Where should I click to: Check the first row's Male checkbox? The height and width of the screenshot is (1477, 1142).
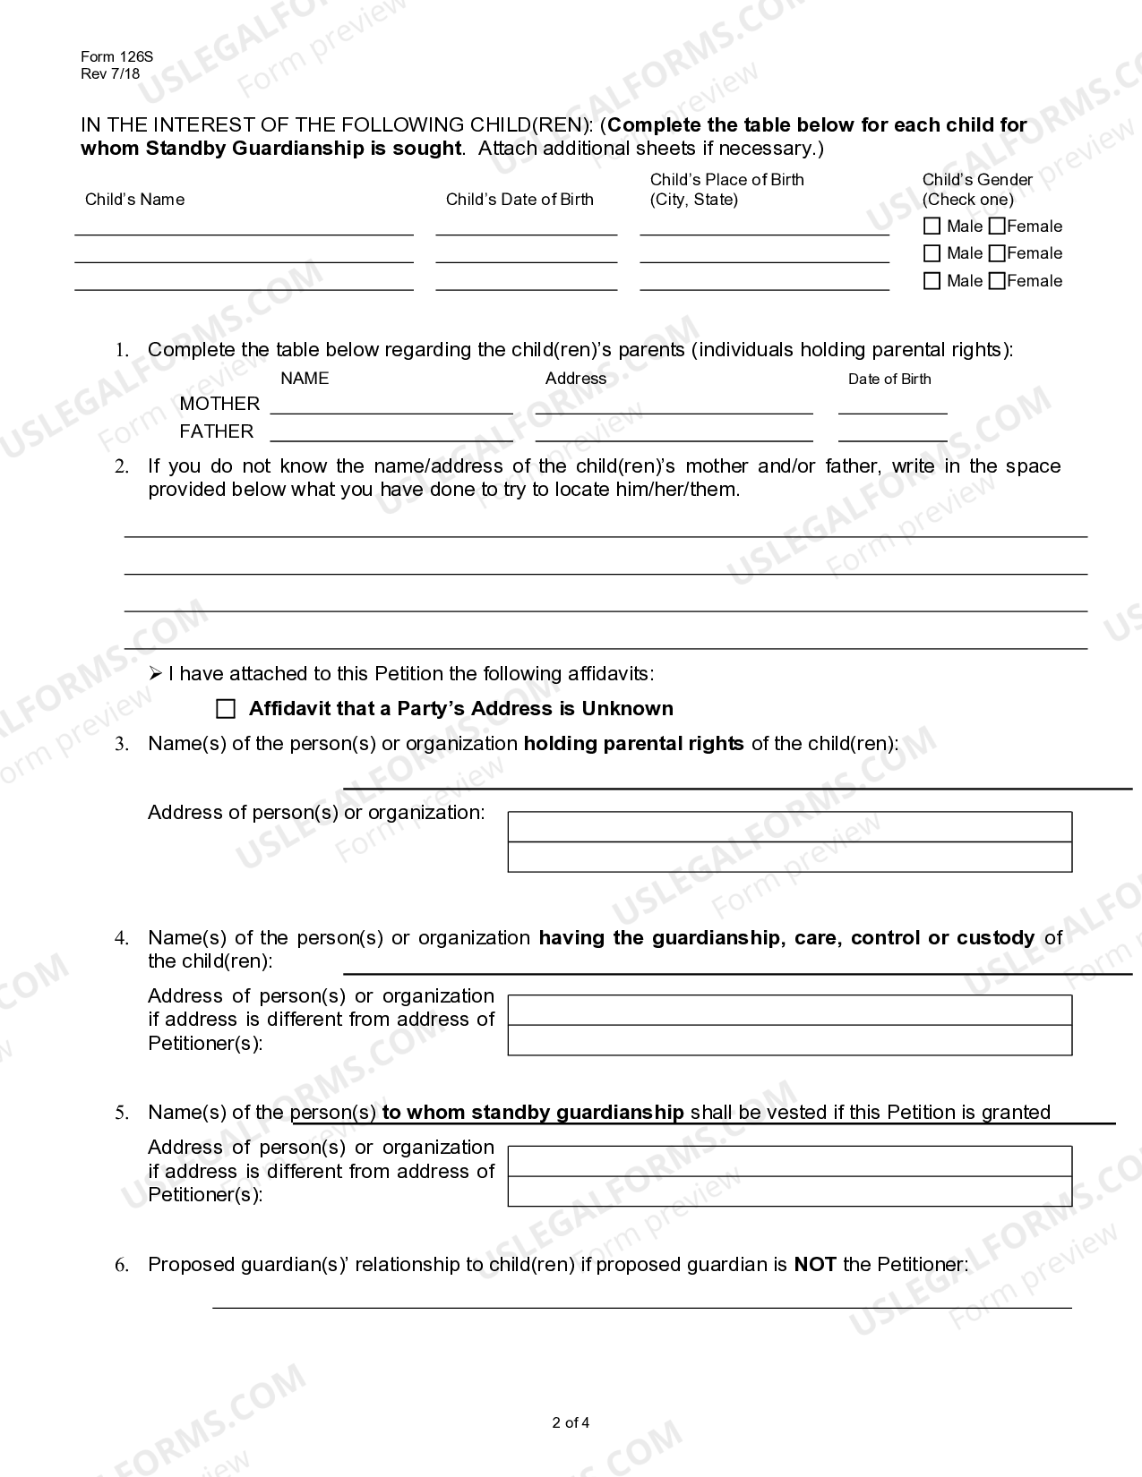pos(932,226)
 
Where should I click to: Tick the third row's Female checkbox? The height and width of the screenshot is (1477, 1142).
pos(997,281)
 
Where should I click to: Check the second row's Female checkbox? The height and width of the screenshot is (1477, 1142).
pos(997,253)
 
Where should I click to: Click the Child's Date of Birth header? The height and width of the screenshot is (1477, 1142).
pos(519,200)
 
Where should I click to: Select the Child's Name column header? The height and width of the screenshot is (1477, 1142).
pos(134,200)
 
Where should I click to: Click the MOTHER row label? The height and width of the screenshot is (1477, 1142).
pos(219,404)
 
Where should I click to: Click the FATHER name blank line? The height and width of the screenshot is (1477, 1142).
pos(391,433)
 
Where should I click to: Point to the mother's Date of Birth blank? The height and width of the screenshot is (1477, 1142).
pos(892,406)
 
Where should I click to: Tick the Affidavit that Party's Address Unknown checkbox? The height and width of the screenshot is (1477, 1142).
pos(226,709)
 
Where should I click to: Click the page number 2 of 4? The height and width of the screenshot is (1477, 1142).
pos(571,1422)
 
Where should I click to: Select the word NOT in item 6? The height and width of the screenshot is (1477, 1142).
pos(815,1265)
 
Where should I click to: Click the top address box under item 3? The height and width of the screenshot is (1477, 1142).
pos(789,827)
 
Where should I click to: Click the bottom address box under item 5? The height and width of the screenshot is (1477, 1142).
pos(789,1191)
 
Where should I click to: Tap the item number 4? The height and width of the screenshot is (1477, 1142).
pos(122,938)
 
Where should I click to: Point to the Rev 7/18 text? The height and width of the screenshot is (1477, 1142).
pos(110,74)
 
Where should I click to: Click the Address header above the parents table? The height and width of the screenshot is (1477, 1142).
pos(575,379)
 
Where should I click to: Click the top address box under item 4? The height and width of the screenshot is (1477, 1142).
pos(789,1010)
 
